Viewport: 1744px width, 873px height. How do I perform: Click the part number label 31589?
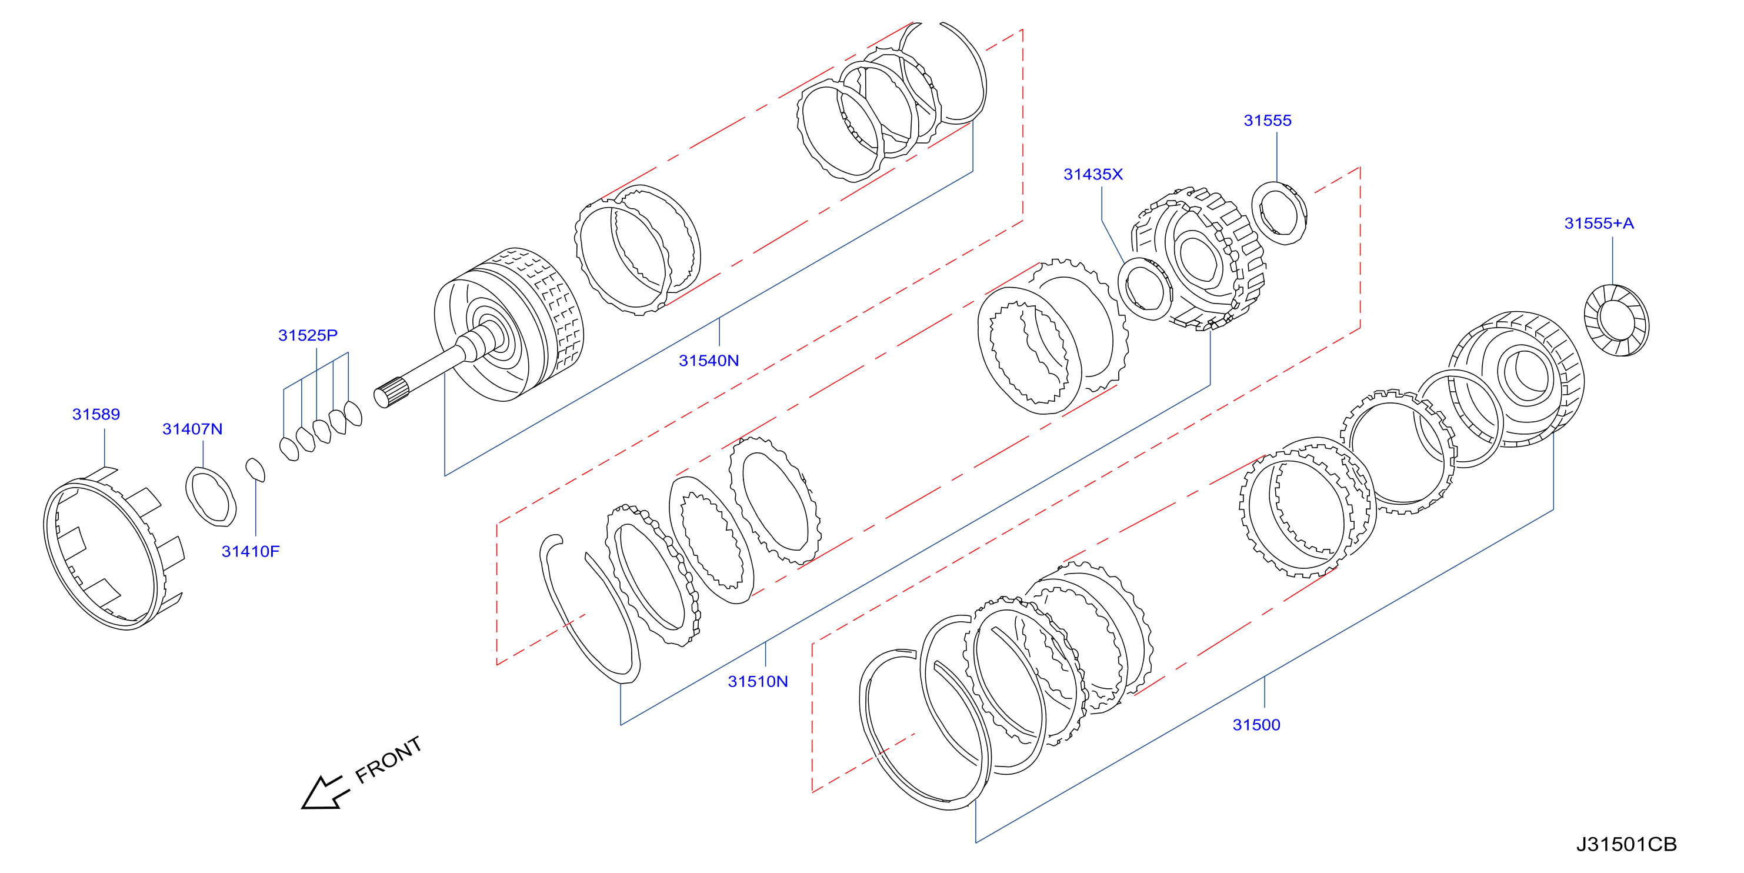pos(96,415)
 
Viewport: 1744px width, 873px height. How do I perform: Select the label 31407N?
pos(192,429)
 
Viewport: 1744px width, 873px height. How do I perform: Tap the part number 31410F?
pos(251,552)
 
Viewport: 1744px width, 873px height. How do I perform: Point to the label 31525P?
pos(308,335)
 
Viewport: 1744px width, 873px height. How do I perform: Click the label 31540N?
pos(709,361)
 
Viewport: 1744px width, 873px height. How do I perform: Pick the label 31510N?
pos(758,682)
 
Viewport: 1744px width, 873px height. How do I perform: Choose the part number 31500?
pos(1256,725)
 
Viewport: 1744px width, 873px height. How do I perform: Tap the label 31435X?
pos(1093,175)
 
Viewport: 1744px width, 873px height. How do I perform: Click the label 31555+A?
pos(1599,224)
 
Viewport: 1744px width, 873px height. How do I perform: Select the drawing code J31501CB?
pos(1627,845)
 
